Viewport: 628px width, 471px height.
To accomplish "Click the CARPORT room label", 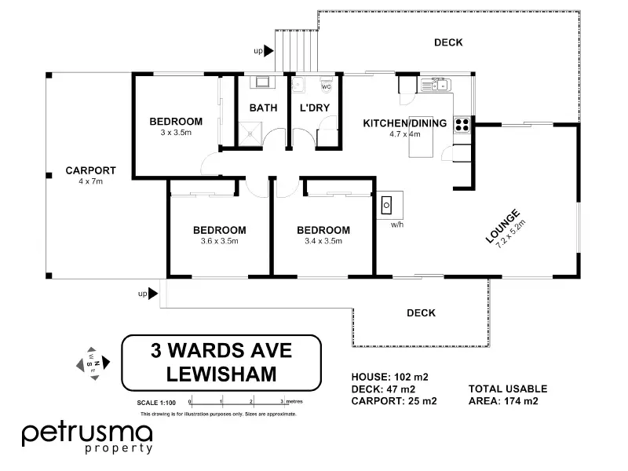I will click(91, 170).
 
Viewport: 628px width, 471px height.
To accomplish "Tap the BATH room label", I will click(263, 108).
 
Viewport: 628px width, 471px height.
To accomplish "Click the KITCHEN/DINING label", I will click(404, 122).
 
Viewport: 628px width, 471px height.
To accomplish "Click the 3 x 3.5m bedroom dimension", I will click(176, 133).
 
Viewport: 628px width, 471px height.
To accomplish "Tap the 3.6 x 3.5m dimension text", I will click(219, 241).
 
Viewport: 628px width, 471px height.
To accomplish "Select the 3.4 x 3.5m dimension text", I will click(323, 241).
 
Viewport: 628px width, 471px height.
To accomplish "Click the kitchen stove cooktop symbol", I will click(462, 122).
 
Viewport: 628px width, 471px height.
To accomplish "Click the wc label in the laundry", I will click(325, 87).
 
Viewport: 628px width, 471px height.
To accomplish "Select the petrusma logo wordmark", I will click(86, 433).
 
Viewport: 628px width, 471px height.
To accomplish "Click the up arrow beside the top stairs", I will click(268, 51).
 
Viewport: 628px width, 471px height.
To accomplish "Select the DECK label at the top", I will click(448, 42).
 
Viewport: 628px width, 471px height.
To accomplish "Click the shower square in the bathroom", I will click(251, 133).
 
